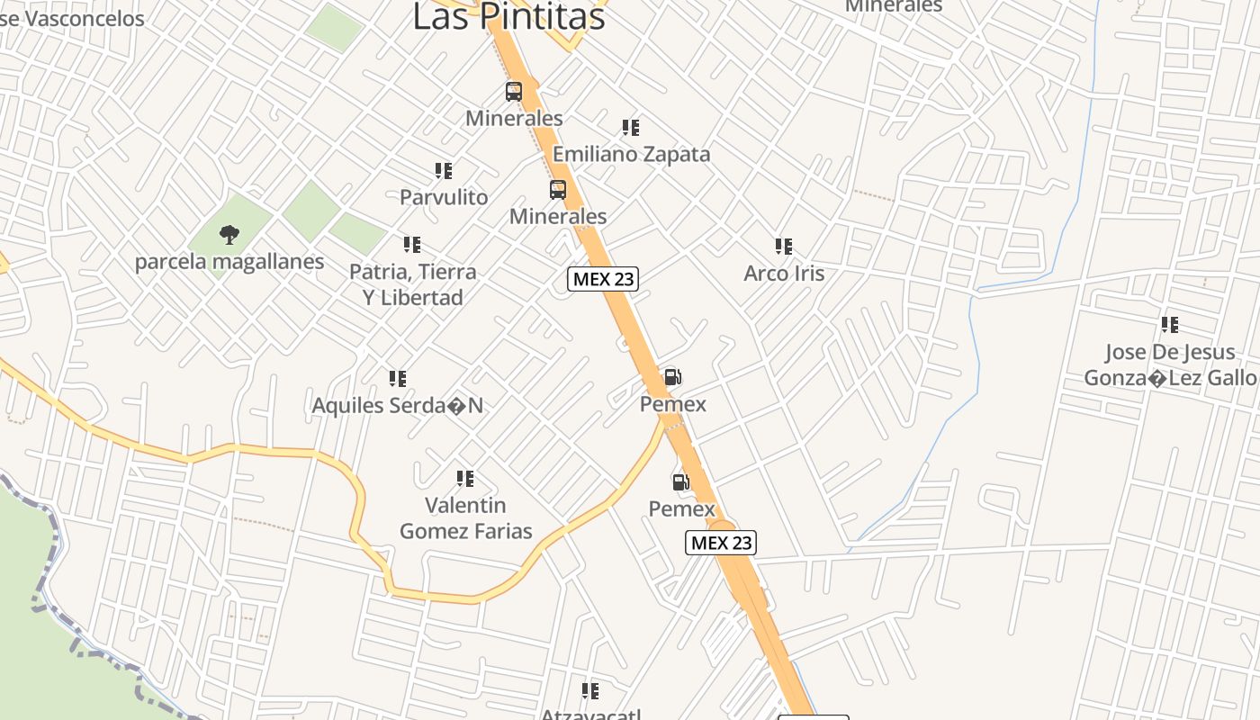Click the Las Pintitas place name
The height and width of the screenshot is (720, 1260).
pos(508,16)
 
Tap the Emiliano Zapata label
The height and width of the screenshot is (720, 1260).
pos(631,154)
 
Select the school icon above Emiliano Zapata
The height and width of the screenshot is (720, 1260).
pos(631,128)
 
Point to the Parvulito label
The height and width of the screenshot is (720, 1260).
pos(444,197)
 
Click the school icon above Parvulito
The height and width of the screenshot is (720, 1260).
pos(443,170)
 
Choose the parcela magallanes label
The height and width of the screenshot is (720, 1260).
pos(229,262)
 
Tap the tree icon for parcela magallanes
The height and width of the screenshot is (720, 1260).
pos(229,235)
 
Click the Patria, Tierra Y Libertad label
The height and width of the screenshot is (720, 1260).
pos(413,284)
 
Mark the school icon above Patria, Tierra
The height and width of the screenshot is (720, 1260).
pos(412,244)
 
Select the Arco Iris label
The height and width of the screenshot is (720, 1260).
pos(784,274)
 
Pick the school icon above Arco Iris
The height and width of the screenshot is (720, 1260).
pos(784,246)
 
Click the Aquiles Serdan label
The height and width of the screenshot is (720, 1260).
pos(397,406)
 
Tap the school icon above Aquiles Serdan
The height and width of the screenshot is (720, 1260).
pos(397,379)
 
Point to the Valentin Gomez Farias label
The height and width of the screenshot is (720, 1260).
pos(465,518)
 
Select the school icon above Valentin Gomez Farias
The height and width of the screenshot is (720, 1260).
pos(464,478)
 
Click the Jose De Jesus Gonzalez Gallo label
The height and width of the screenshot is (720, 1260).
pos(1169,364)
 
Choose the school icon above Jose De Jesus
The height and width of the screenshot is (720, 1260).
pos(1169,325)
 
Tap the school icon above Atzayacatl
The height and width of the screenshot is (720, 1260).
pos(590,691)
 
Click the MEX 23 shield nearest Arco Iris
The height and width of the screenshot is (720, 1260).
pos(603,279)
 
